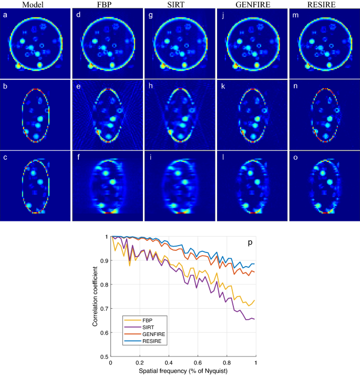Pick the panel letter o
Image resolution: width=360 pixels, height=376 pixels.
click(x=294, y=156)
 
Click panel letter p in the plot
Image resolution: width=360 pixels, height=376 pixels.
click(x=249, y=242)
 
